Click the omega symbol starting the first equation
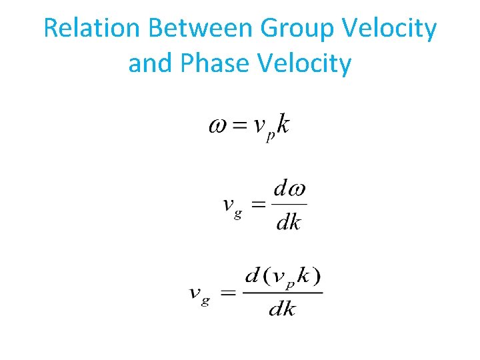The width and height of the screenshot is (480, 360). point(219,125)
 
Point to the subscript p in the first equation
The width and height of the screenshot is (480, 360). point(270,137)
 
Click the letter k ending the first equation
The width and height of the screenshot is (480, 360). point(283,124)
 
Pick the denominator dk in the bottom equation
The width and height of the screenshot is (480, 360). point(282,309)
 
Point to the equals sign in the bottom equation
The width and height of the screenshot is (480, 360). point(227,293)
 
